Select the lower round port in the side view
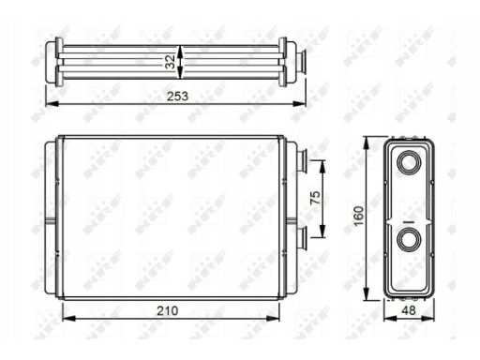click(x=409, y=241)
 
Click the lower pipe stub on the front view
click(x=304, y=235)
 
